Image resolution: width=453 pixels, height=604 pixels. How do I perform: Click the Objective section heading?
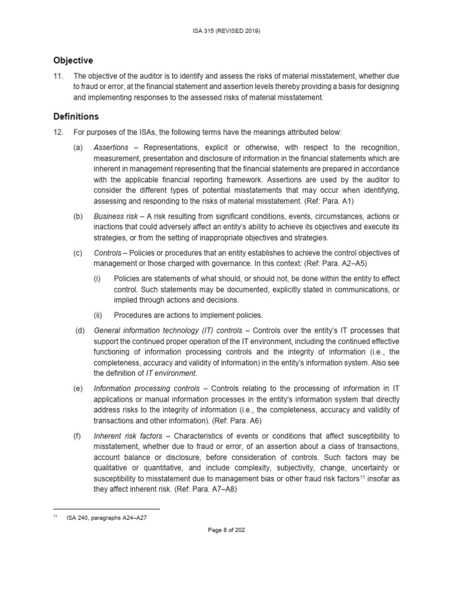73,60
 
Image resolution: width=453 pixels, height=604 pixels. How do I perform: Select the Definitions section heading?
76,117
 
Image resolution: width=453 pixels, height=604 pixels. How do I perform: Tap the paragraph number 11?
58,76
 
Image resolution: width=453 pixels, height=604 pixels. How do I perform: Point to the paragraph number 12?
58,133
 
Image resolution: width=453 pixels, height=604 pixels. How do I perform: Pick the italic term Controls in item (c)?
108,252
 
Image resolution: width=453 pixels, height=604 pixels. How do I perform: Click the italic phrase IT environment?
175,373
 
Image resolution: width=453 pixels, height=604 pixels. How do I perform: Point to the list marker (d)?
80,330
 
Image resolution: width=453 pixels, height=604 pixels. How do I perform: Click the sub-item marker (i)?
97,278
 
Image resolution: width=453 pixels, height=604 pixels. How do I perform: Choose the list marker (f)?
78,435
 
